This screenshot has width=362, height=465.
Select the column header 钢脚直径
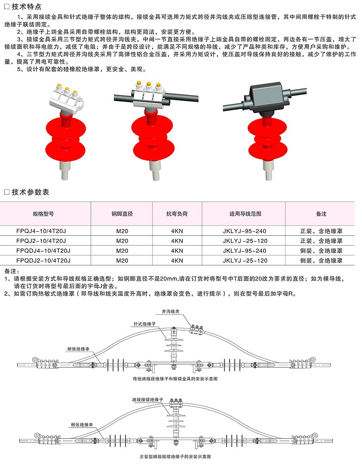122,214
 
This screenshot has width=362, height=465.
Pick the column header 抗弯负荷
177,214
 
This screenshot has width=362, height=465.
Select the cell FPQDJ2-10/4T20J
44,260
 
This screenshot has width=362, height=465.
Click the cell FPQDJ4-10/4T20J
44,251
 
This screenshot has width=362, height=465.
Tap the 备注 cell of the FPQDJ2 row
321,260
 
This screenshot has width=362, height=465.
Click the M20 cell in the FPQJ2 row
122,241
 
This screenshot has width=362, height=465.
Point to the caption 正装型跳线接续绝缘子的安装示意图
175,457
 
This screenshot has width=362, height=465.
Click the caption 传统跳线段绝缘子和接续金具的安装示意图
175,379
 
